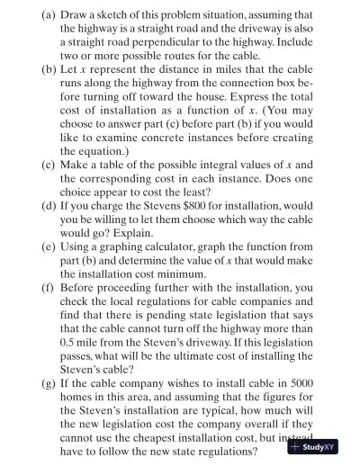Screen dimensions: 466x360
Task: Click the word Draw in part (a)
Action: (49, 14)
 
